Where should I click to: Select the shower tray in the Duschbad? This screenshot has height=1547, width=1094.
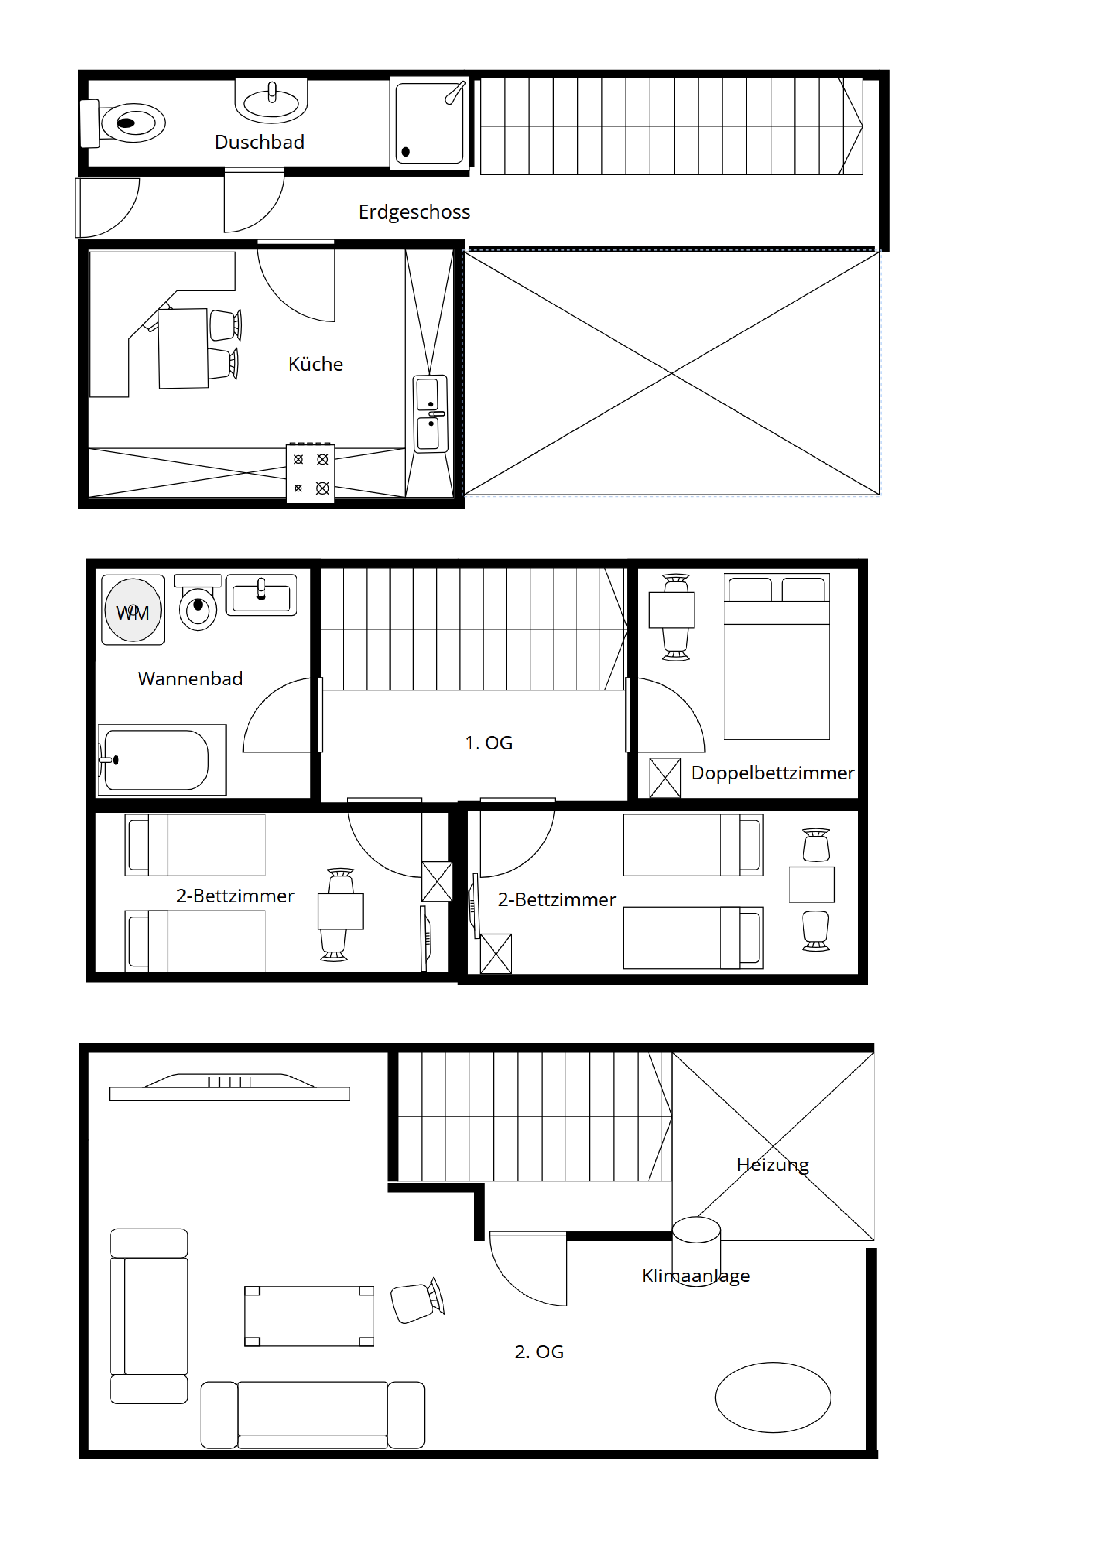[429, 123]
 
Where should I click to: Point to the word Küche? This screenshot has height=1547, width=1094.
[316, 364]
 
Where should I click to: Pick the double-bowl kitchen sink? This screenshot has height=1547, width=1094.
[430, 414]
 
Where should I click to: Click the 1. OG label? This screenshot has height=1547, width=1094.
[489, 742]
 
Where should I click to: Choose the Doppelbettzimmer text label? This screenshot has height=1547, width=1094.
[773, 773]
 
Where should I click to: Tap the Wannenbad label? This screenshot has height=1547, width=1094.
[190, 678]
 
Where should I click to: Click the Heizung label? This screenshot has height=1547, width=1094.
[773, 1164]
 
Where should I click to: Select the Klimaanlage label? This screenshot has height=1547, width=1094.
[696, 1276]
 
